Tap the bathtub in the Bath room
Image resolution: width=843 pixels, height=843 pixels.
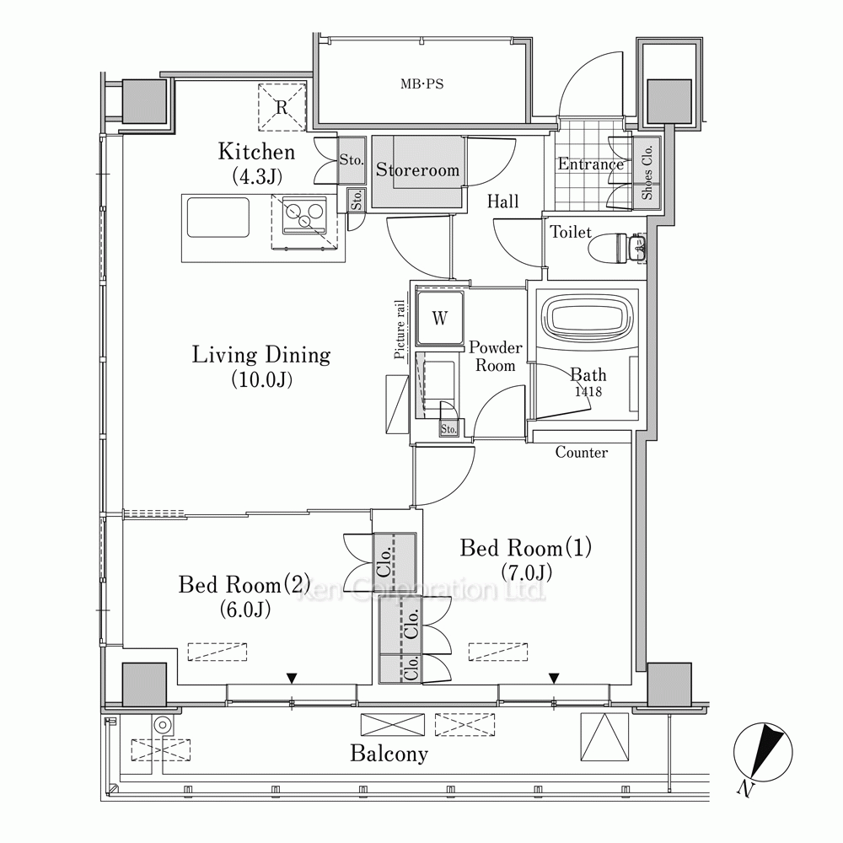[588, 322]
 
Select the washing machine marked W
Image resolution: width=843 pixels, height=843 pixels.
[440, 319]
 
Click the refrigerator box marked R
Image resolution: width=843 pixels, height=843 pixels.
[282, 107]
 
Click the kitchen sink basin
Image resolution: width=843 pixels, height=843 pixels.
[218, 217]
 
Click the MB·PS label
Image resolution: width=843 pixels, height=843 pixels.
[422, 84]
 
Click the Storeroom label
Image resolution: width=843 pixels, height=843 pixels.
[417, 170]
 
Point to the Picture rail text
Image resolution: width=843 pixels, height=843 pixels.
[400, 329]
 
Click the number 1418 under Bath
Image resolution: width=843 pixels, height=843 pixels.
[588, 391]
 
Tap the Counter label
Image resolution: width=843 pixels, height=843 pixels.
[581, 452]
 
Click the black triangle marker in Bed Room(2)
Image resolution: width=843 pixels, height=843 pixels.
[292, 679]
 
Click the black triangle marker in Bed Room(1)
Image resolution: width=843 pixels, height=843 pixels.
[554, 679]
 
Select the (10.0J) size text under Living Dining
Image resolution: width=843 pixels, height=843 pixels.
[262, 379]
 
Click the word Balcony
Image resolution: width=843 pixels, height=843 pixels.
[389, 754]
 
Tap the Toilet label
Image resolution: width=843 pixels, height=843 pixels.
[571, 232]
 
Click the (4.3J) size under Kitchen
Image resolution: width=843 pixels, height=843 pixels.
[257, 176]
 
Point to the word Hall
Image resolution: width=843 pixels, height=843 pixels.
[502, 201]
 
